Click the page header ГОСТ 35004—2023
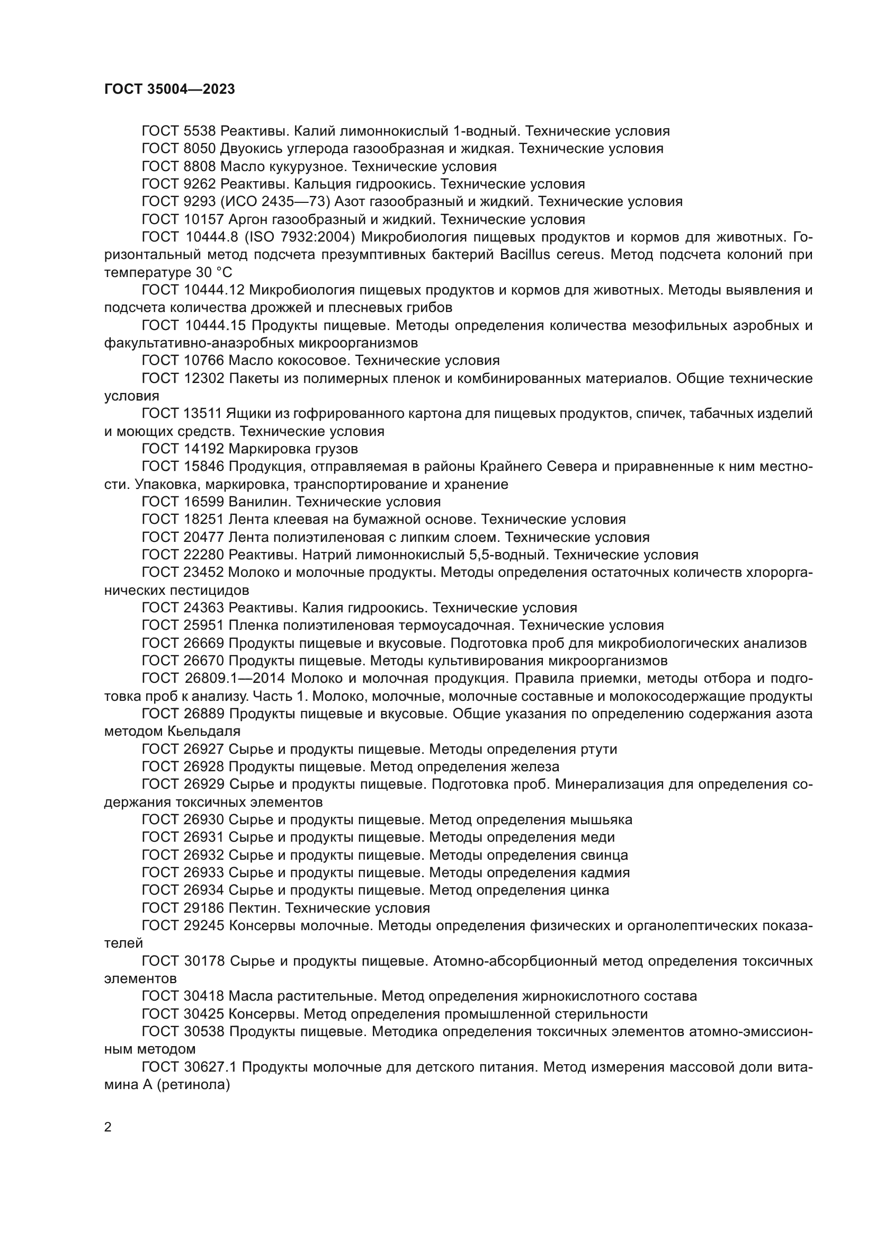[x=169, y=90]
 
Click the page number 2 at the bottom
[x=108, y=1127]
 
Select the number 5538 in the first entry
[x=196, y=131]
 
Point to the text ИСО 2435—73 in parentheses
[x=279, y=202]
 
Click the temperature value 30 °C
[x=211, y=272]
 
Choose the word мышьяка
[x=601, y=820]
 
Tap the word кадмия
[x=605, y=873]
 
